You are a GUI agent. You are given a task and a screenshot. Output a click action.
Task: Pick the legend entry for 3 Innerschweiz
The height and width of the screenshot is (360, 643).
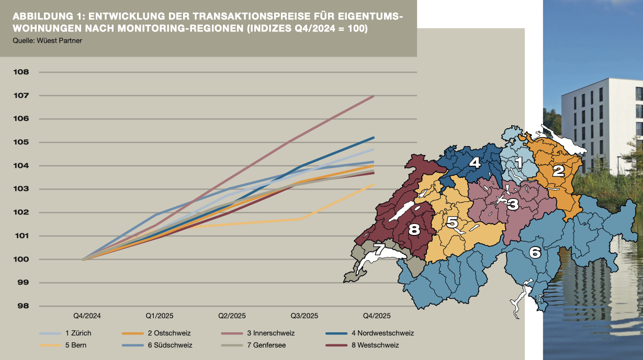pos(270,333)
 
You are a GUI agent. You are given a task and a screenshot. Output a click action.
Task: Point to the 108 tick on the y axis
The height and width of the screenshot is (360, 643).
pos(21,72)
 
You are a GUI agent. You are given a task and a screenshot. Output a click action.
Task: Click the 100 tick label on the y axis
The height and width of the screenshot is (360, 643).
pos(21,260)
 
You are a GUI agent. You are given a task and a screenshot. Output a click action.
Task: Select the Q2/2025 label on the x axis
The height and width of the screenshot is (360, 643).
pos(231,316)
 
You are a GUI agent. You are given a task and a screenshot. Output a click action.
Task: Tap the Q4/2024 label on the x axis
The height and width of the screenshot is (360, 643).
pos(86,316)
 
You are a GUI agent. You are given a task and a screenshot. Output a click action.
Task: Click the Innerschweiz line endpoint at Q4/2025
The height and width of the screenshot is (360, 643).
pos(374,96)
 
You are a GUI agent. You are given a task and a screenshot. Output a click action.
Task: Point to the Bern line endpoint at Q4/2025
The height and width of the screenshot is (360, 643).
pos(374,185)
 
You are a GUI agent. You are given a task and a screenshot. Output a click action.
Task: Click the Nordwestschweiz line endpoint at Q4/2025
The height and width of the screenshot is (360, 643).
pos(374,138)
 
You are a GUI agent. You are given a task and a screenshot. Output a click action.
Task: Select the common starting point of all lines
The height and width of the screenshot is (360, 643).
pos(84,260)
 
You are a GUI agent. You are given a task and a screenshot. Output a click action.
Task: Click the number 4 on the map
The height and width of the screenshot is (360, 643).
pos(474,162)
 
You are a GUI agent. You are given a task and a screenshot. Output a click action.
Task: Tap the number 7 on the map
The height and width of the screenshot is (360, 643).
pos(379,250)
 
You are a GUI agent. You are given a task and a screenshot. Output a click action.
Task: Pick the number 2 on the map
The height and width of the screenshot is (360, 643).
pos(558,170)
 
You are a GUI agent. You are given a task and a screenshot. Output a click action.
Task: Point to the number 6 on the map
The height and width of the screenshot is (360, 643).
pos(535,253)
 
